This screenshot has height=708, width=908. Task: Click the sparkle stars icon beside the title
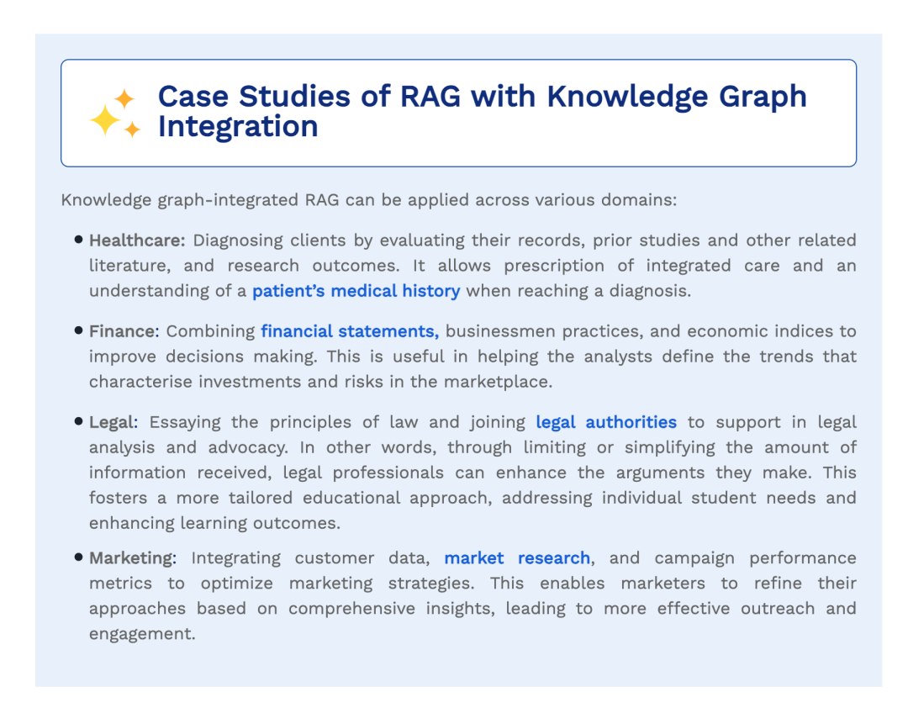(x=114, y=114)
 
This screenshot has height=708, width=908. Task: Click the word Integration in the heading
(x=238, y=127)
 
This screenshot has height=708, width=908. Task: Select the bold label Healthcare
(x=137, y=240)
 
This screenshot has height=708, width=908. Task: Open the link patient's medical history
(x=356, y=291)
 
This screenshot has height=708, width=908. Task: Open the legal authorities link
(x=606, y=422)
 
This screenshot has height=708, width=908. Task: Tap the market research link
(x=517, y=558)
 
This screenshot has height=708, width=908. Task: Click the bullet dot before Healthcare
(x=79, y=240)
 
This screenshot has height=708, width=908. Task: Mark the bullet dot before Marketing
(x=79, y=557)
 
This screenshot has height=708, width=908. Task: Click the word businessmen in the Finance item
(x=494, y=331)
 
